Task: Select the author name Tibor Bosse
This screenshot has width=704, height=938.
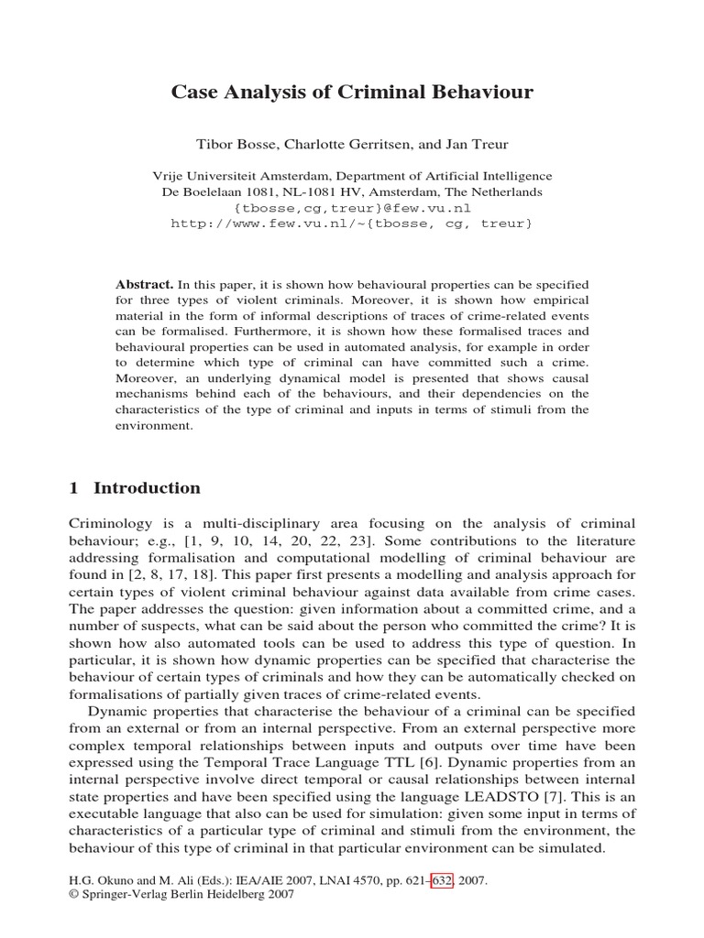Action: pos(233,145)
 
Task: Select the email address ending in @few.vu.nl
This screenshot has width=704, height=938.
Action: pos(351,208)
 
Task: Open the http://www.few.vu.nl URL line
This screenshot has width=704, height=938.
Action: pos(351,224)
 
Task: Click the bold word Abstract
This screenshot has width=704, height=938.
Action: pos(145,285)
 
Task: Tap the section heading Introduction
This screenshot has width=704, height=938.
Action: pos(147,488)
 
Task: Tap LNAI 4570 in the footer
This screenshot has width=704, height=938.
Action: pos(333,880)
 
